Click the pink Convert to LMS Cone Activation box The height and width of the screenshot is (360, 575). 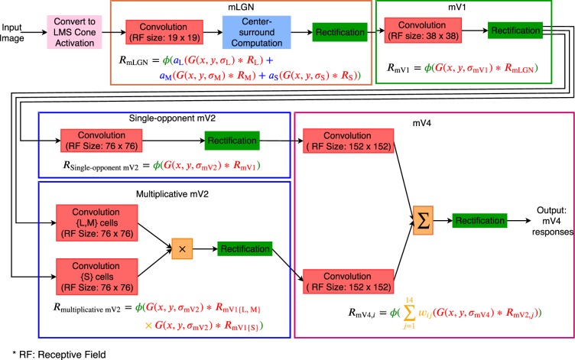pos(74,34)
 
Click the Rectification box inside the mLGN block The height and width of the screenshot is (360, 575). pos(336,34)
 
